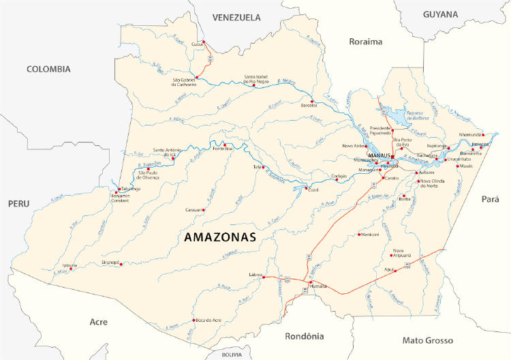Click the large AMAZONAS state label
220,237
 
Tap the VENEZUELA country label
236,17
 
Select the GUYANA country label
441,14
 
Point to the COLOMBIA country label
48,69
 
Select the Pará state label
490,199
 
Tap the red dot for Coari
307,188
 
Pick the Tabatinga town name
128,190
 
